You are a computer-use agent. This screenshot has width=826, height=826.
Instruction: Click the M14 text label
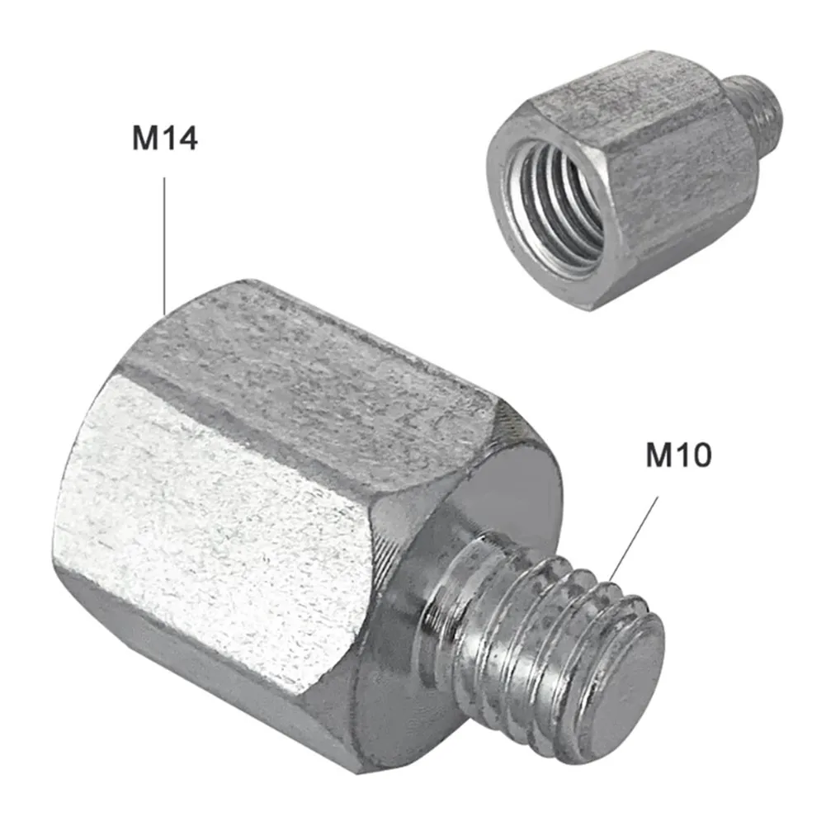pos(165,138)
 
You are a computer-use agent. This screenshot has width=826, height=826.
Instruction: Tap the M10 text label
pos(677,455)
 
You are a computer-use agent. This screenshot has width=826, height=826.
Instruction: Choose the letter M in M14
pos(147,138)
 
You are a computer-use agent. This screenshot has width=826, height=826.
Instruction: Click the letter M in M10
pos(659,455)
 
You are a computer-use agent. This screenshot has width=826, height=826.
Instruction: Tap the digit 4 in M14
pos(187,138)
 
